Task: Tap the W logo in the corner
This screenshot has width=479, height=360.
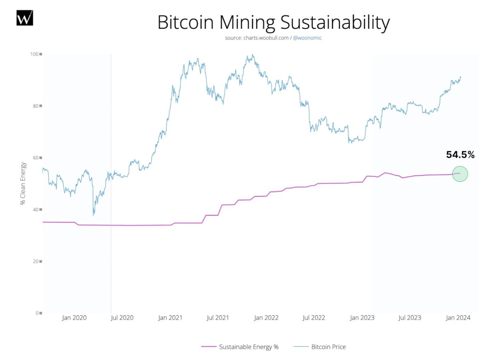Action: [x=25, y=18]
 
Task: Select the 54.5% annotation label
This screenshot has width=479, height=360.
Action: [x=460, y=155]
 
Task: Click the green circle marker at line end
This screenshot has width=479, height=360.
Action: [x=460, y=174]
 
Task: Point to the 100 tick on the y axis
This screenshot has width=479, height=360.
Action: [x=36, y=54]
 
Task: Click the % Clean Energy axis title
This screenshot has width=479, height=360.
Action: [x=23, y=184]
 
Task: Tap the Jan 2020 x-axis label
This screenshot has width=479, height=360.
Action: [x=74, y=318]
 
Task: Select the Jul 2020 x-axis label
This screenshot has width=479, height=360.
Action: [x=121, y=318]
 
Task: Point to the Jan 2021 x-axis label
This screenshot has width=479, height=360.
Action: [x=170, y=318]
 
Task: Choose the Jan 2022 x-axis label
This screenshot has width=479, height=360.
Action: [x=266, y=318]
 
